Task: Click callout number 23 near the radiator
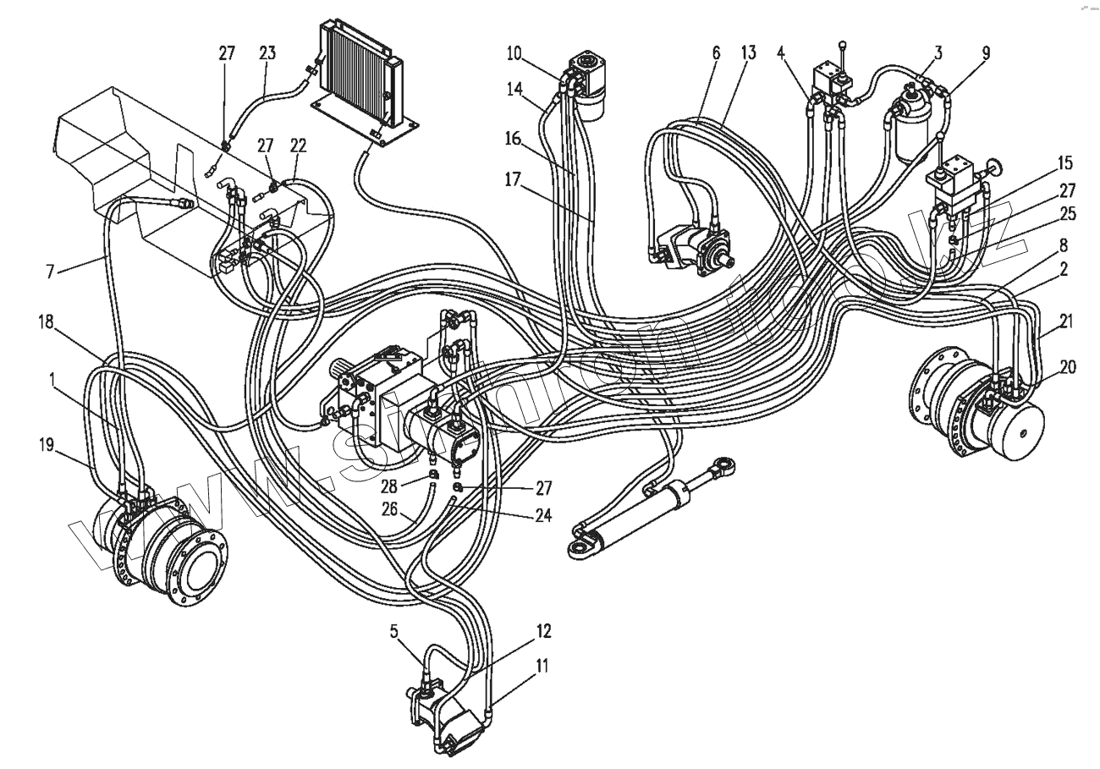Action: click(x=267, y=53)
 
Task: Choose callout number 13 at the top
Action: click(x=747, y=53)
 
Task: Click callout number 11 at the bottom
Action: click(x=542, y=666)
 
